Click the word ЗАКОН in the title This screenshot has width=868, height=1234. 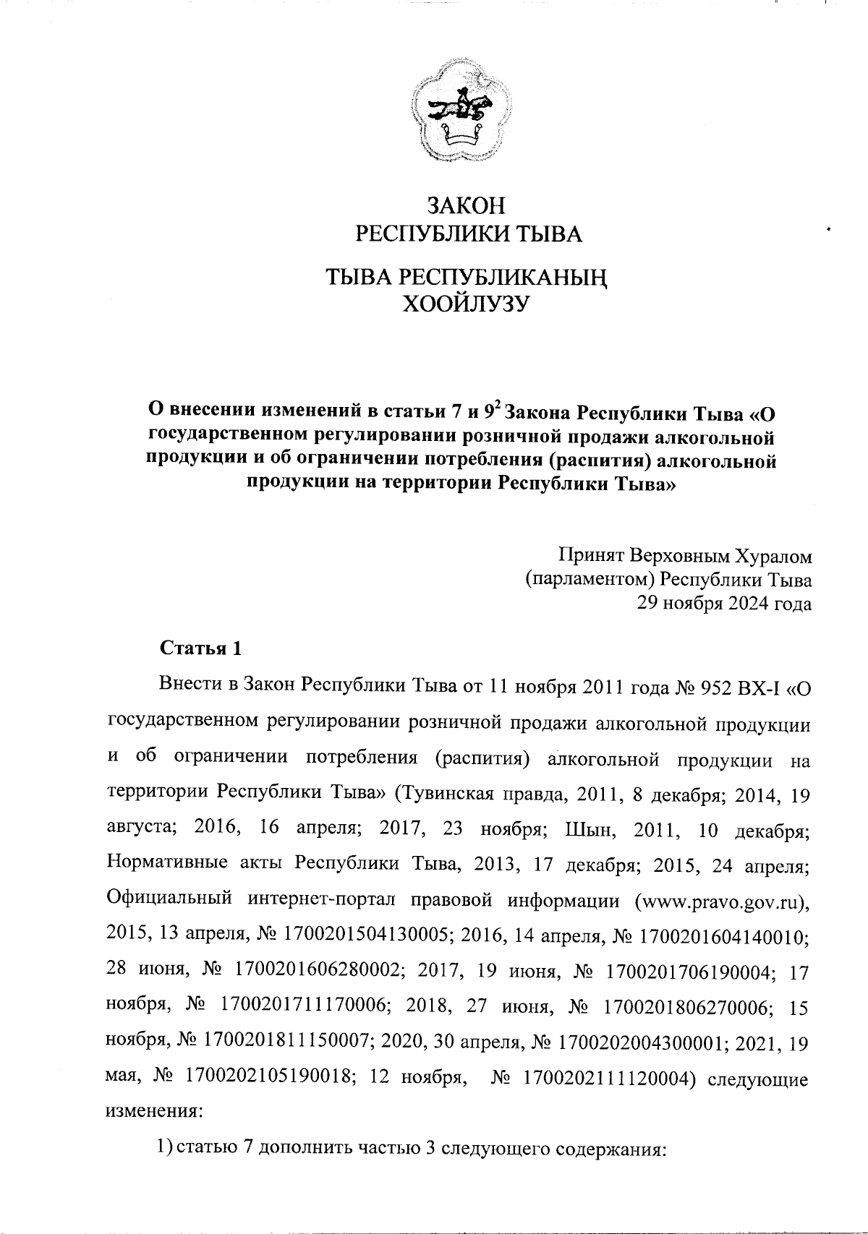coord(465,206)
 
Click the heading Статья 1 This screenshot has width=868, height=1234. coord(200,648)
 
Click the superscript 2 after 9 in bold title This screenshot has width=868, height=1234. coord(497,408)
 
